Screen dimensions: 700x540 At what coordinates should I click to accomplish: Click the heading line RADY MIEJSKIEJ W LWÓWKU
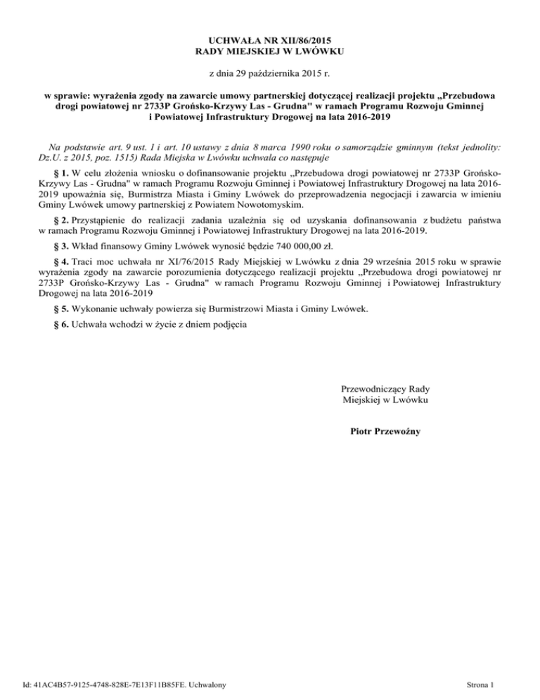(x=270, y=51)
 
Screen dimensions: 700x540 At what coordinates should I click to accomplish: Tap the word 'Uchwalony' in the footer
(x=218, y=683)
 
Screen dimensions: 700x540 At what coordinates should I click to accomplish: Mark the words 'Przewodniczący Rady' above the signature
(x=385, y=389)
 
